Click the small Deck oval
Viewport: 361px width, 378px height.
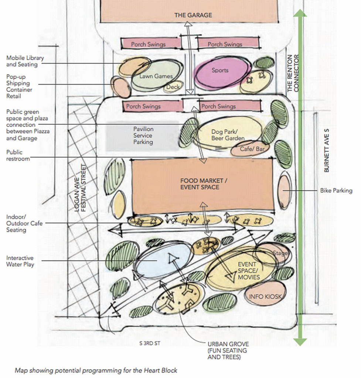pos(173,87)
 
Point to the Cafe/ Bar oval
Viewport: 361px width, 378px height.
pos(246,149)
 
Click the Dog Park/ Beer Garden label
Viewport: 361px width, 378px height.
pos(228,135)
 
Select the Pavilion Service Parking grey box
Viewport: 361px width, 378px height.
pos(143,135)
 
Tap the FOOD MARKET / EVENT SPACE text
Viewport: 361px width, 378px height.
pos(200,184)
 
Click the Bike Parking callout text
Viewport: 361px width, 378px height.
pos(336,190)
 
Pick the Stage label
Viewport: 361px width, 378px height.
pos(280,253)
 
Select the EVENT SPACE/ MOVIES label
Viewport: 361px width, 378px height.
pos(249,271)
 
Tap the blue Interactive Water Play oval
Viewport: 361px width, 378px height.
pos(163,260)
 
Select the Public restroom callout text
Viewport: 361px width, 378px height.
pos(14,155)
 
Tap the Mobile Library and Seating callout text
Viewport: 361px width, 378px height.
pos(25,61)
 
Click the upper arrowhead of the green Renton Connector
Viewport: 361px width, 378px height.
pos(300,13)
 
